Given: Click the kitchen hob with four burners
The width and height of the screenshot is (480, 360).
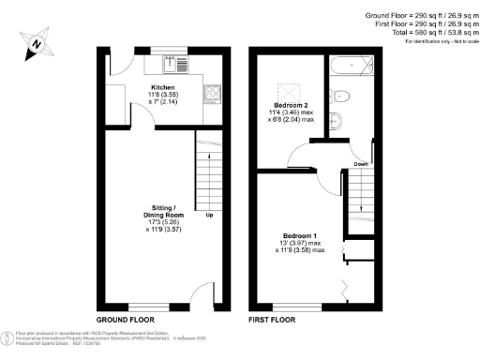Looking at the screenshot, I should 213,93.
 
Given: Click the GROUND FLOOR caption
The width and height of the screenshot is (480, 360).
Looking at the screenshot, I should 127,320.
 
